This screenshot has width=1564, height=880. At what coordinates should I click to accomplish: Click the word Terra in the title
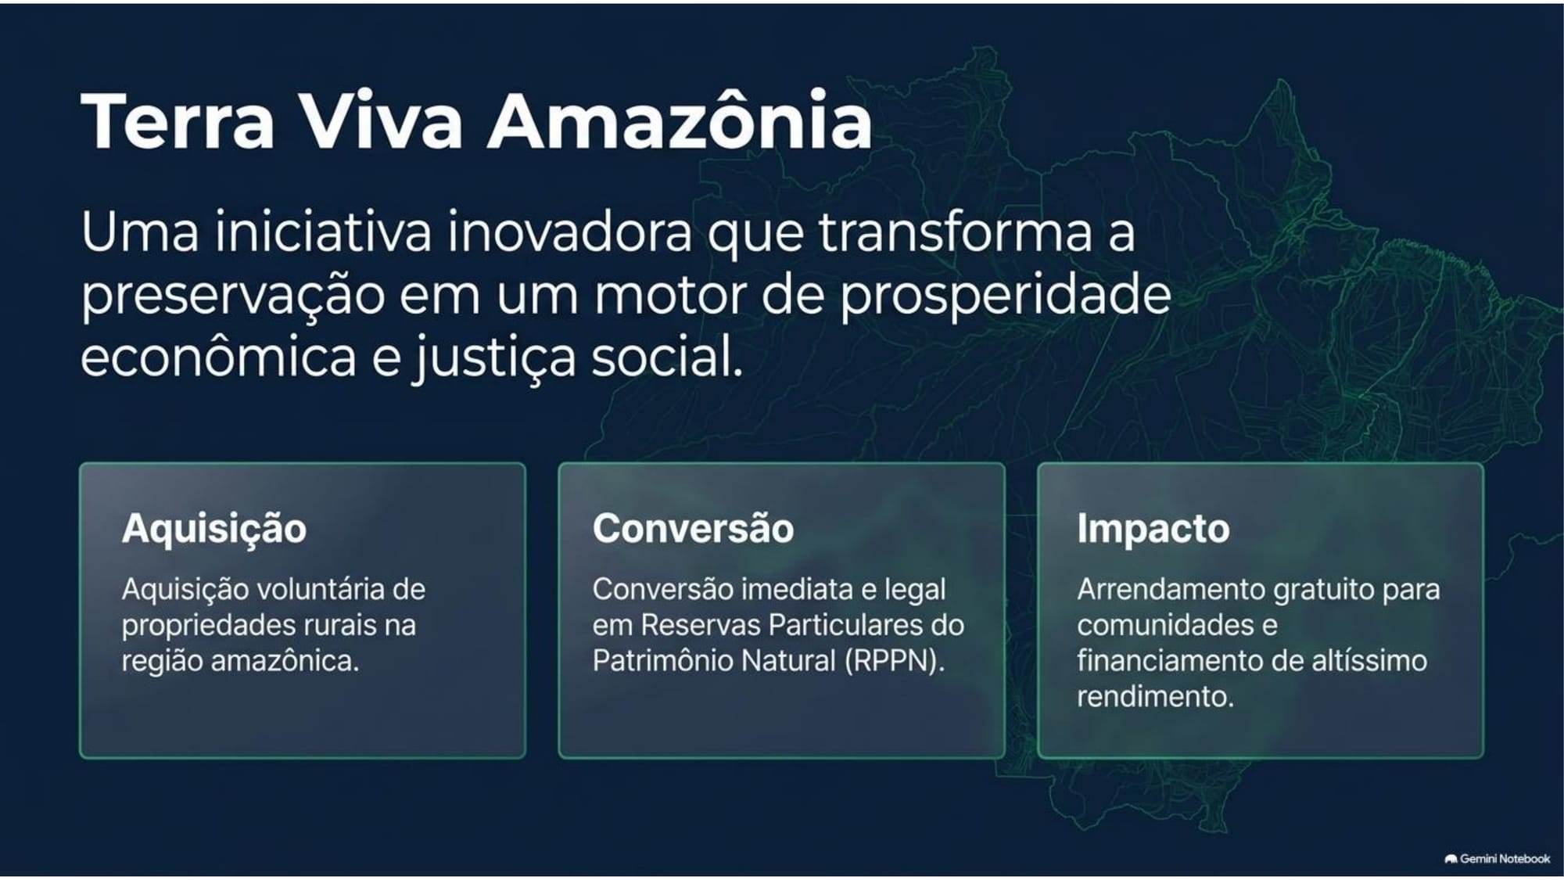tap(178, 121)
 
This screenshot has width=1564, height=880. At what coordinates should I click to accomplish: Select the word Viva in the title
tap(381, 121)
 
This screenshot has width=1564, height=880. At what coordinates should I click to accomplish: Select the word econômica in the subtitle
tap(219, 356)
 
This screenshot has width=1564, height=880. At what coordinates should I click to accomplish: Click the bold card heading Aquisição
tap(214, 529)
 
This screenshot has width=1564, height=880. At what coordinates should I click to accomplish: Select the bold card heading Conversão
tap(693, 528)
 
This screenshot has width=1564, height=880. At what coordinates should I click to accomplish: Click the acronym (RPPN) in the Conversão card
tap(895, 661)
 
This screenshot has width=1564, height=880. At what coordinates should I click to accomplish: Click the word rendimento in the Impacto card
tap(1155, 696)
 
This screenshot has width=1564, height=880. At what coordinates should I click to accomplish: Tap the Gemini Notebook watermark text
tap(1505, 859)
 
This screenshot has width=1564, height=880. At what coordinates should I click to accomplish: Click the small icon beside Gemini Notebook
tap(1451, 859)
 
